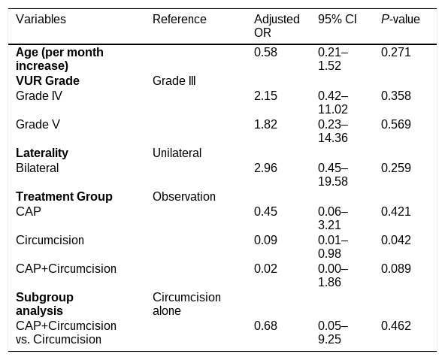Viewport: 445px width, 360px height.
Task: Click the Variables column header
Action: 41,20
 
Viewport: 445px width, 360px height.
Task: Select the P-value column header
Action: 400,20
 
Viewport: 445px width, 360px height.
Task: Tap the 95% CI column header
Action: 338,20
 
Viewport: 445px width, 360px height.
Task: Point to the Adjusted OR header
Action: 277,26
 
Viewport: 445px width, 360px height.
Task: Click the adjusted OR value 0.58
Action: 265,52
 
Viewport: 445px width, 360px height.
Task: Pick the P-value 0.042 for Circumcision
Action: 396,240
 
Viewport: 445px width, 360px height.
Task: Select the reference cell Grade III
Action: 174,80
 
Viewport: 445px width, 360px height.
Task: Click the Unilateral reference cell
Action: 177,153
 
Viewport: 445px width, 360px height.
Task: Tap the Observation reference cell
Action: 184,196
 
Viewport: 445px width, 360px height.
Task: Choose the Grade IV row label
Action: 39,96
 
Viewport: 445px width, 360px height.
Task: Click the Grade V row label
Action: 38,124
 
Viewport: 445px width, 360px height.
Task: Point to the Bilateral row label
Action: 37,168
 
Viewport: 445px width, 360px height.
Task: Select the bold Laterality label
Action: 42,153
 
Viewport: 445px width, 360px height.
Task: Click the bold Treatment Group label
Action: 64,196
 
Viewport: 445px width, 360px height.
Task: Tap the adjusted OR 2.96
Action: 265,168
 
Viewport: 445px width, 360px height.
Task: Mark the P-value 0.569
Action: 396,124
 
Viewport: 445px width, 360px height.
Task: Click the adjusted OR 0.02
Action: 265,268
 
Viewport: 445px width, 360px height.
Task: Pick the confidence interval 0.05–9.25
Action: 333,332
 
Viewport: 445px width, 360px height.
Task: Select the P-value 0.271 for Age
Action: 396,52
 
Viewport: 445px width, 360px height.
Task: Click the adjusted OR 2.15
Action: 265,96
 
